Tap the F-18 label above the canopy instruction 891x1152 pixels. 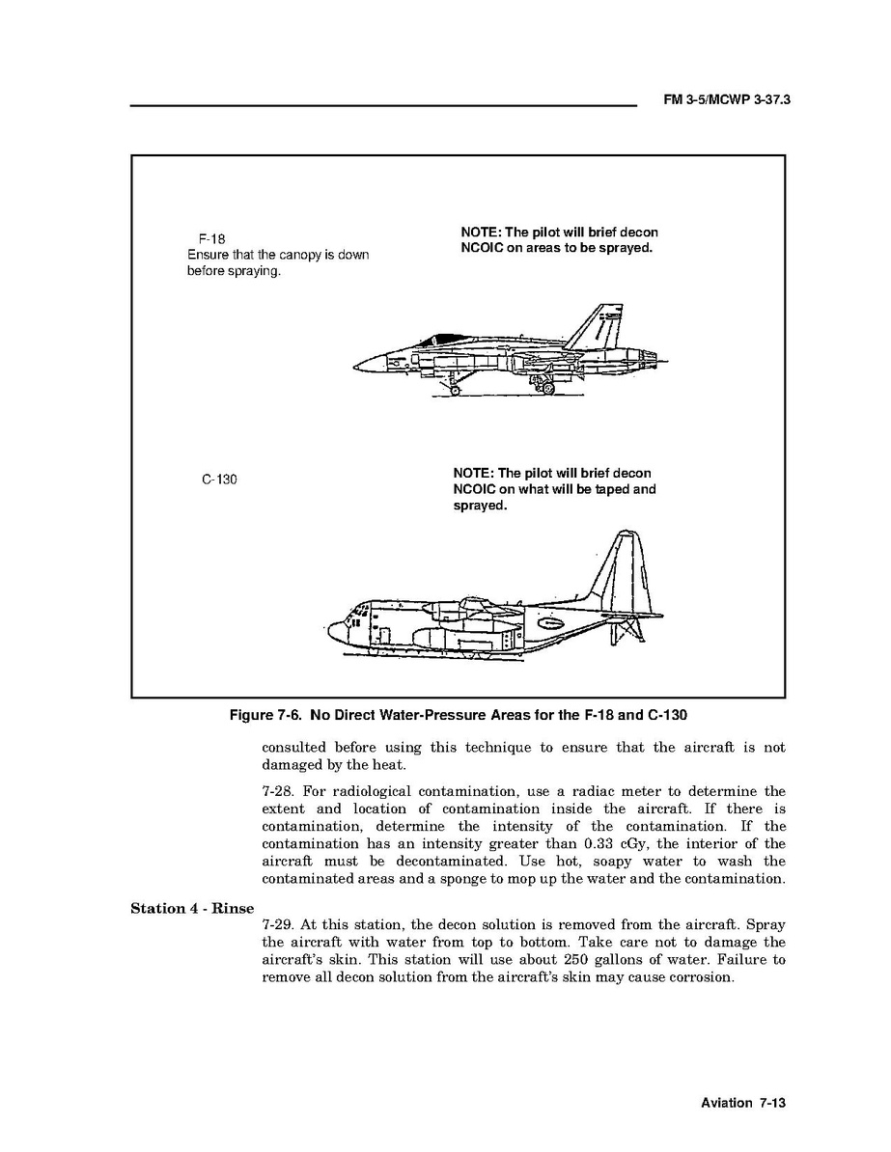(x=212, y=238)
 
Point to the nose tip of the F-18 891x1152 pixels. (x=357, y=366)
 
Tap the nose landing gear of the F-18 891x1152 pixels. (x=452, y=387)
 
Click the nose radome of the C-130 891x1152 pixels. (x=336, y=633)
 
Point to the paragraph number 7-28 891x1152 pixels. (x=279, y=791)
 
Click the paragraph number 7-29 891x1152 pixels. (x=279, y=924)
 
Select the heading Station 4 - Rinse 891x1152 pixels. (x=192, y=908)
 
